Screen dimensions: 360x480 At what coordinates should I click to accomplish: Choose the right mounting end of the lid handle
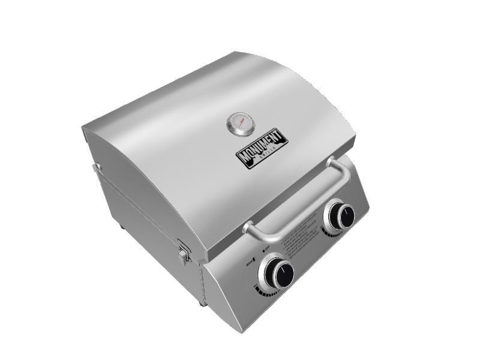click(332, 163)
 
